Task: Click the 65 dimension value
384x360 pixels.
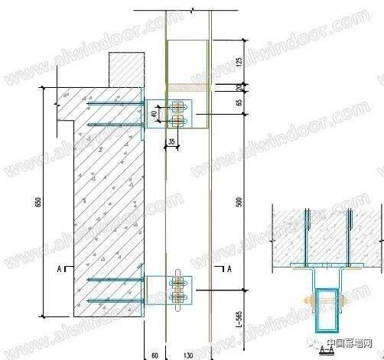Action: [x=239, y=100]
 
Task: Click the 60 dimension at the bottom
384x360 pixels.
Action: [x=155, y=354]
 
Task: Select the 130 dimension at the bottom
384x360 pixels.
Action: [x=188, y=354]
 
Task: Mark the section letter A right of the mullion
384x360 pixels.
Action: [x=229, y=269]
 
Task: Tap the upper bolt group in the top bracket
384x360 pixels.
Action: [x=180, y=113]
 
